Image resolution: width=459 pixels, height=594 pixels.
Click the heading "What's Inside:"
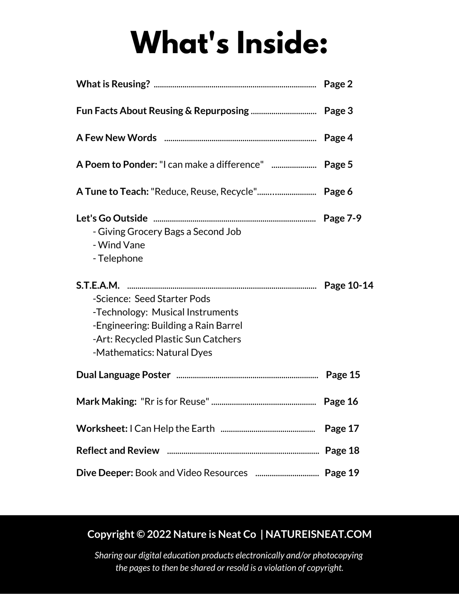229,42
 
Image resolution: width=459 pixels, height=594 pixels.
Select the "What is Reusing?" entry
113,84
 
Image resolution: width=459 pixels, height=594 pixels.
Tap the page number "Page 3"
338,111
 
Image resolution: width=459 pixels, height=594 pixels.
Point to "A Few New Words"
116,138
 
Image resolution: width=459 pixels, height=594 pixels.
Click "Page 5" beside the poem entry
338,164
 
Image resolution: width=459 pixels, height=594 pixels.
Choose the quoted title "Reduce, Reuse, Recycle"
204,191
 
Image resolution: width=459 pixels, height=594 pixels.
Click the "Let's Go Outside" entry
112,218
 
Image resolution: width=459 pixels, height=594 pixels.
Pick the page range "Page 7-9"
342,218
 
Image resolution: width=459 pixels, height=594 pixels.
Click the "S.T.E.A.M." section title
98,285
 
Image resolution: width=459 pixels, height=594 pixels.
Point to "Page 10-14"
348,285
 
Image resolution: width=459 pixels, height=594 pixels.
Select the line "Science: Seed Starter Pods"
152,299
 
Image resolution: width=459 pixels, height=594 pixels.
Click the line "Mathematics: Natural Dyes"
153,352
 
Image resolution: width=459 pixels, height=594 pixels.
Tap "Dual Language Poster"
123,375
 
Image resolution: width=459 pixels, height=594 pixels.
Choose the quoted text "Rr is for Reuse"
175,402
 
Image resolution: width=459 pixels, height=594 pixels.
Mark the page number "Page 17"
342,428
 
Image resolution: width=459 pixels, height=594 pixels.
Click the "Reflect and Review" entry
117,451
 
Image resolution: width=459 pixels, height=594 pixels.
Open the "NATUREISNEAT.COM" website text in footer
318,534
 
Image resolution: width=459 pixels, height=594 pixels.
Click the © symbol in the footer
140,534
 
